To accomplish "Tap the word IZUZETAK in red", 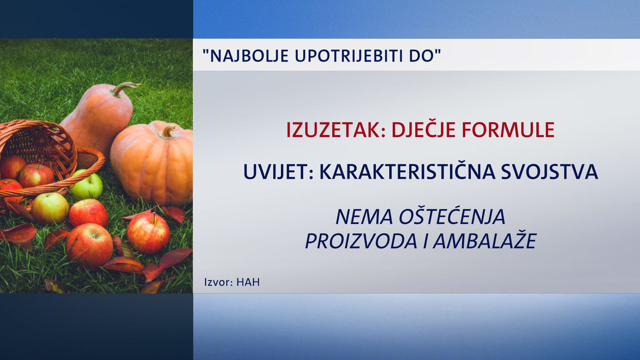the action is click(336, 130).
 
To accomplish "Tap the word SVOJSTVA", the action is click(550, 172).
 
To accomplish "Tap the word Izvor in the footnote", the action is click(219, 282).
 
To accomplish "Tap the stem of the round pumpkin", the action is click(168, 132).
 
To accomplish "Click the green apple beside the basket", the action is click(86, 185).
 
